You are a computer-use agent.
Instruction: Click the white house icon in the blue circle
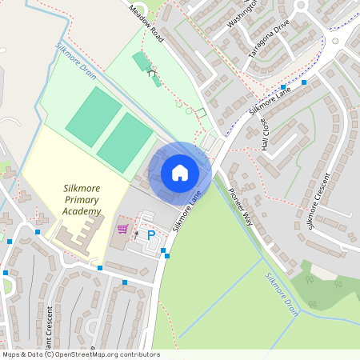[x=180, y=172]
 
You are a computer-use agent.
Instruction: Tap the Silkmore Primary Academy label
[x=82, y=200]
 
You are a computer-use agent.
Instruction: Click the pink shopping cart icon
[x=122, y=228]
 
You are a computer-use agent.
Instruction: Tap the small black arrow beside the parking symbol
[x=136, y=234]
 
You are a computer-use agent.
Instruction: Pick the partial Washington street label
[x=242, y=14]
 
